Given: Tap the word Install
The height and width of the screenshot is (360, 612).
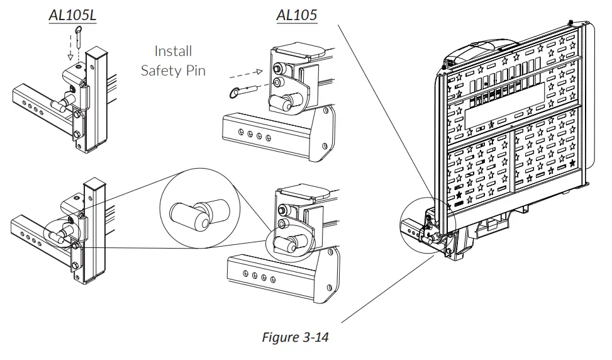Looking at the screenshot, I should coord(173,51).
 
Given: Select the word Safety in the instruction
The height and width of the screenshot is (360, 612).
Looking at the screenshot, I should coord(160,70).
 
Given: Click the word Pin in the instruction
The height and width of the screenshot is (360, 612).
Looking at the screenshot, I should coord(194,70).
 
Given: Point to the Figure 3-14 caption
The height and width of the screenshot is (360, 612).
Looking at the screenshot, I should coord(295,337).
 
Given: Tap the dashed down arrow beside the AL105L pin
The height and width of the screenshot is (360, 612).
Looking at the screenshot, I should coord(70,52).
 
